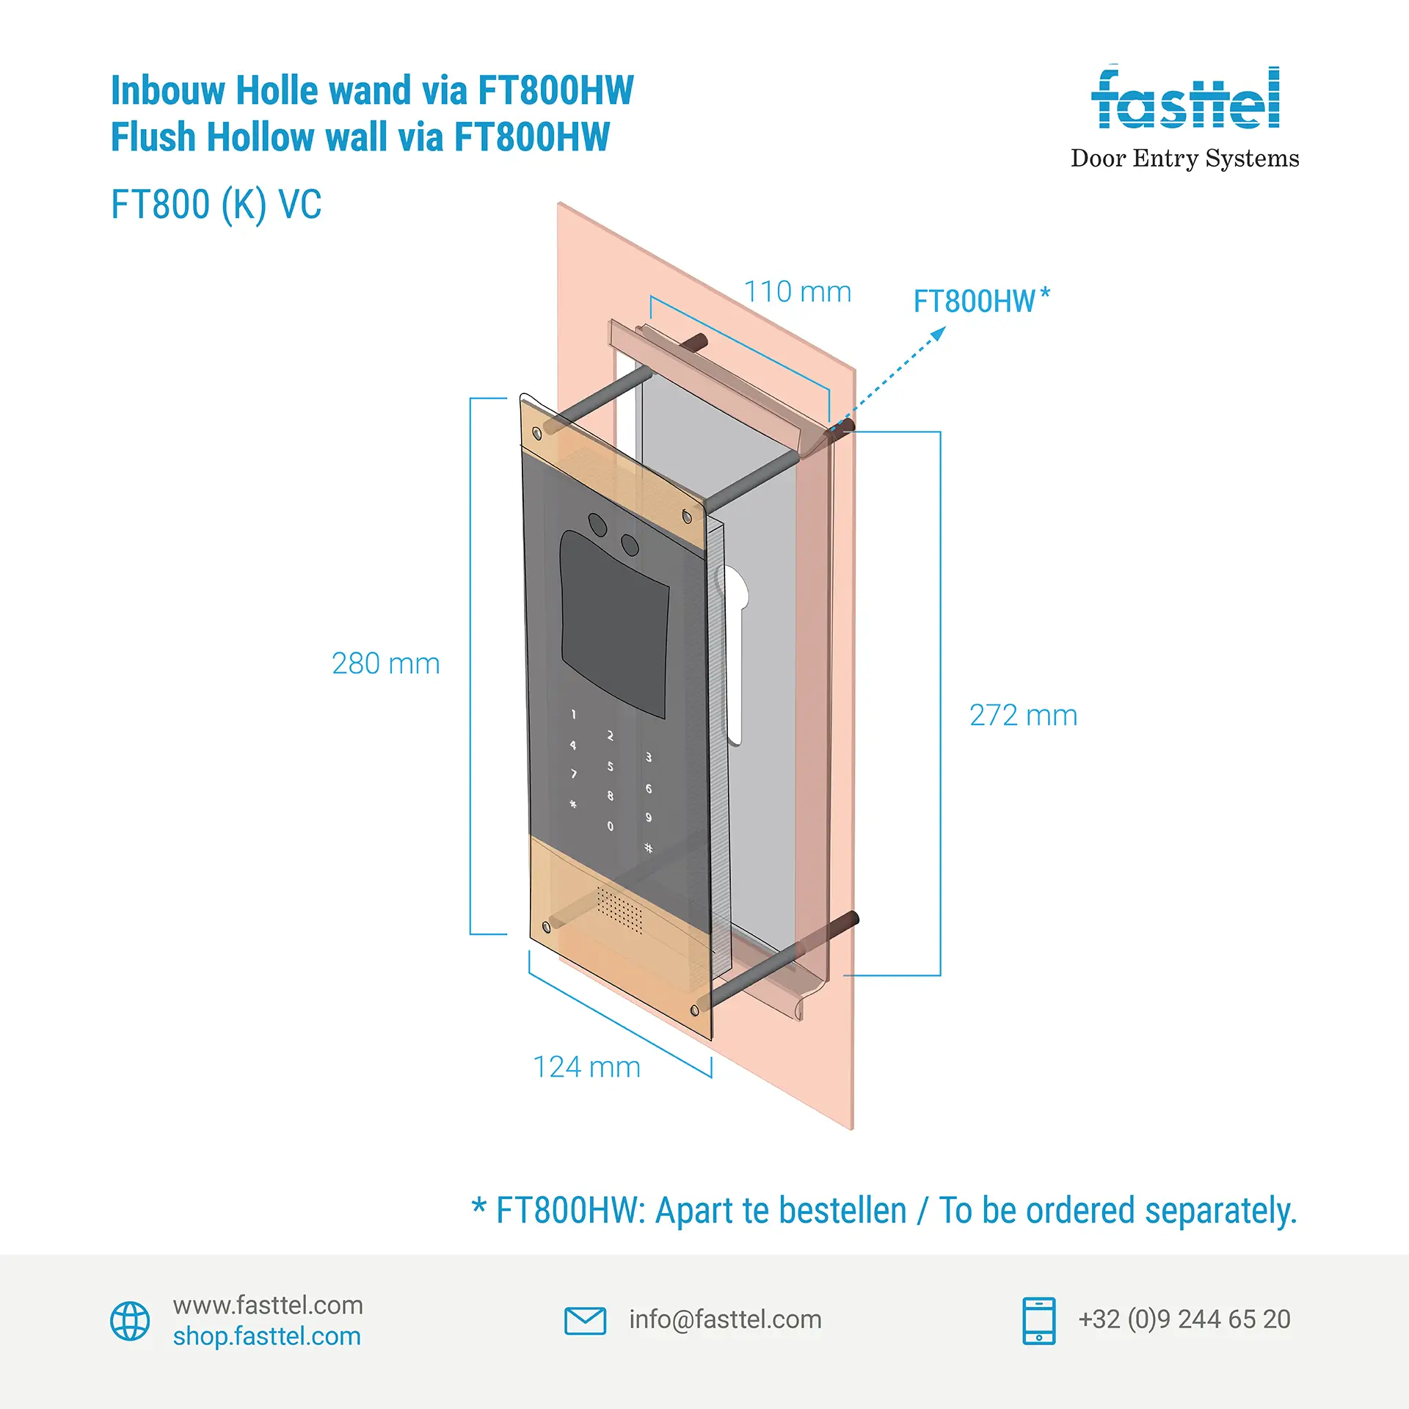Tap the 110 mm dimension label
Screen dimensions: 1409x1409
click(798, 292)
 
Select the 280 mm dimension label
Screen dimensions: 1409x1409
click(385, 663)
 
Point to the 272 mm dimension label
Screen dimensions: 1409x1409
click(1023, 716)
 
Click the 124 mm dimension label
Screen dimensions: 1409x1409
click(586, 1067)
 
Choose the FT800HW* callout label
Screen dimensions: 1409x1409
click(981, 301)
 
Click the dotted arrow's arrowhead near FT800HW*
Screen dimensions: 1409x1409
click(939, 335)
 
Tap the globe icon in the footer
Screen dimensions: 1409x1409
click(130, 1321)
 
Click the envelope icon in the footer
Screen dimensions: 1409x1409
click(585, 1321)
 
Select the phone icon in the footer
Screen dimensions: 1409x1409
click(1038, 1321)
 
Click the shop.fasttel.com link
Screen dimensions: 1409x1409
click(267, 1336)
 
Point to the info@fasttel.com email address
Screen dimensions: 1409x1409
click(725, 1319)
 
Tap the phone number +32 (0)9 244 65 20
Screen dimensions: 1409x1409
click(1184, 1319)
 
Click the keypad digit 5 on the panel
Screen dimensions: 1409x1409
click(610, 767)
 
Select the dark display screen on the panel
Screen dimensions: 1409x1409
click(615, 624)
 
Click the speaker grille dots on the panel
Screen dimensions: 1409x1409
click(619, 910)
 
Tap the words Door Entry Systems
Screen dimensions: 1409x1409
click(1184, 159)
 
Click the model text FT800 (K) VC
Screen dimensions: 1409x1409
click(216, 205)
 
